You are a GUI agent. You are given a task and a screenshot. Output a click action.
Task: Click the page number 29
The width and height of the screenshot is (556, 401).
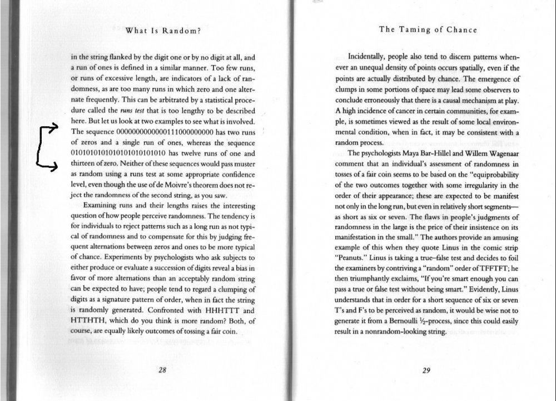click(426, 373)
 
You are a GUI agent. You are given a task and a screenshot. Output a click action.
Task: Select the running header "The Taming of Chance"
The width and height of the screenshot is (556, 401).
click(427, 30)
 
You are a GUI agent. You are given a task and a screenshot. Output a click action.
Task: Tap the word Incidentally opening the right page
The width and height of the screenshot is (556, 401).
click(370, 57)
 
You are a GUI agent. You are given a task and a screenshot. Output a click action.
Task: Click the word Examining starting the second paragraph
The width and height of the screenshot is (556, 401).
click(102, 205)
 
